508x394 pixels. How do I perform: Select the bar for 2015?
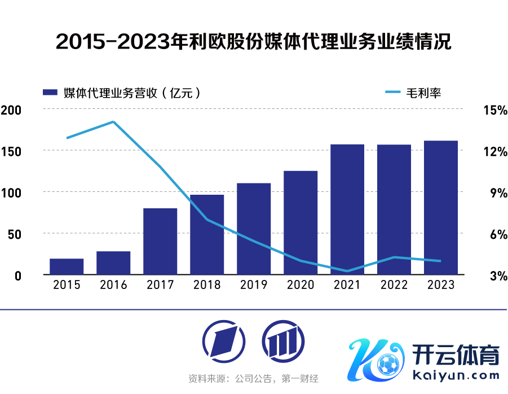(67, 266)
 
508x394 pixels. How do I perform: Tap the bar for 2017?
(160, 242)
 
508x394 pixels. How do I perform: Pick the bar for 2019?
(254, 229)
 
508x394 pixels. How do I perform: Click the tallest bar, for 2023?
(441, 208)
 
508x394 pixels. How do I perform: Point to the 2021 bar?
(347, 209)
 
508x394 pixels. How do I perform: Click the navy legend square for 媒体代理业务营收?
(51, 92)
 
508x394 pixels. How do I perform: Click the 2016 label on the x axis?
(113, 285)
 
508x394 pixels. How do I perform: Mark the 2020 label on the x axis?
(301, 285)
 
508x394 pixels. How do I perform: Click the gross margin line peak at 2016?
(113, 121)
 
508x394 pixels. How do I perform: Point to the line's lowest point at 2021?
(347, 271)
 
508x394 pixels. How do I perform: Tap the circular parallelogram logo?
(224, 340)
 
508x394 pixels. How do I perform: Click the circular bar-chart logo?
(283, 340)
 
